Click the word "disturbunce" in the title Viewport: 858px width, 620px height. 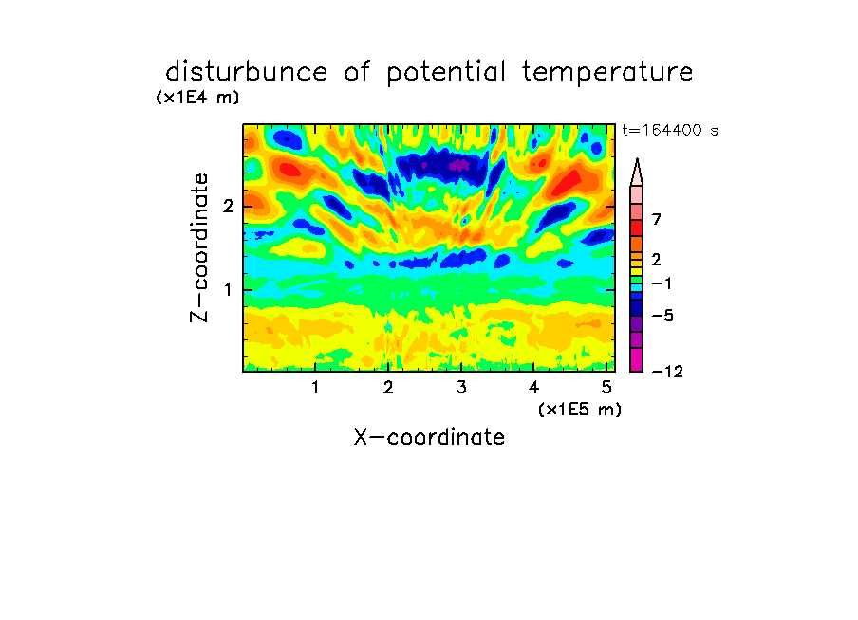(246, 72)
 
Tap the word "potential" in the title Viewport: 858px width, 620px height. (446, 73)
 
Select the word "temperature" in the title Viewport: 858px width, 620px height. (607, 72)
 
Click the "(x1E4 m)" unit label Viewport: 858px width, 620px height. (197, 98)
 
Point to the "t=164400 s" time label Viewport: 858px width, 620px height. (670, 130)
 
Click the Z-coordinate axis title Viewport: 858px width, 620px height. (198, 247)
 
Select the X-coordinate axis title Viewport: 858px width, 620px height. (429, 437)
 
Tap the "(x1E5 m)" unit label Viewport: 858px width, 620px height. (580, 409)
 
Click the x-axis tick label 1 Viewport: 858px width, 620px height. (315, 387)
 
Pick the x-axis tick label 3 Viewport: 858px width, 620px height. (461, 387)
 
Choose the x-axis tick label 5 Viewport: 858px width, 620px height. (606, 387)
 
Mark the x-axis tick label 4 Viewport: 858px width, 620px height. (533, 387)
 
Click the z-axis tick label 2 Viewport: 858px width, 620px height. (228, 206)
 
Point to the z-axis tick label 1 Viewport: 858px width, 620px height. (228, 289)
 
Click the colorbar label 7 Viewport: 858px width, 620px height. (657, 219)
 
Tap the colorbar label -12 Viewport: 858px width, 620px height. (667, 372)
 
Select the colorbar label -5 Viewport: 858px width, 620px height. (662, 316)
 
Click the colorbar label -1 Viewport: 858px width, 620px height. (662, 283)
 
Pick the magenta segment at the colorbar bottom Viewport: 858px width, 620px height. (637, 359)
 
